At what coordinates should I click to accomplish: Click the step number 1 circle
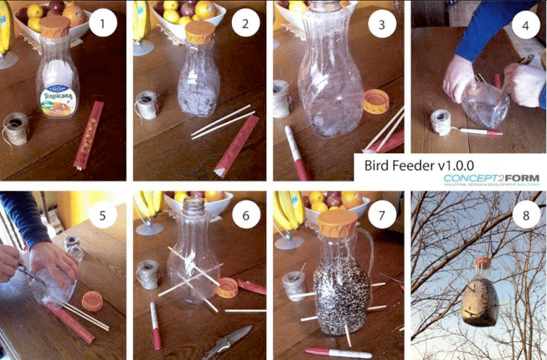(103, 26)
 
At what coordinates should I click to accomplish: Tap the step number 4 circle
(525, 26)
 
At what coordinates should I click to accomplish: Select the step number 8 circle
(525, 216)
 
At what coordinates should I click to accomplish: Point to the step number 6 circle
(245, 216)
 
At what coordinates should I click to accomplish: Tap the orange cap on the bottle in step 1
(54, 27)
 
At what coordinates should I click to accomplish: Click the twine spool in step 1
(16, 128)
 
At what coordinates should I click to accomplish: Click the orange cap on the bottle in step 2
(200, 32)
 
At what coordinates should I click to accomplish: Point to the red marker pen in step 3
(297, 152)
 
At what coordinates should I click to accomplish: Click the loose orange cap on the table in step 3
(375, 100)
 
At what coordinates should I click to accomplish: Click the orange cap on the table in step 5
(92, 300)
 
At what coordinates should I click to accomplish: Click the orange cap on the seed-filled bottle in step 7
(338, 219)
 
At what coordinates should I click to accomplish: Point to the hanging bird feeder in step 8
(479, 298)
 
